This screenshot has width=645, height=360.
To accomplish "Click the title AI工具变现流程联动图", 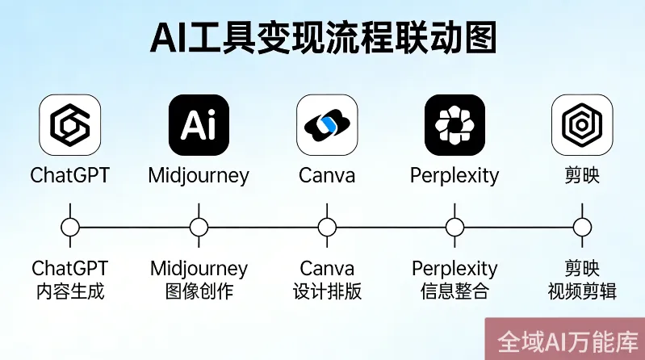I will [x=323, y=38].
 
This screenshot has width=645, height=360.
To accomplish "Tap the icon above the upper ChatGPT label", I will [x=70, y=125].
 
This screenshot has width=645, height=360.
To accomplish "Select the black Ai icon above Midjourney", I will [x=199, y=125].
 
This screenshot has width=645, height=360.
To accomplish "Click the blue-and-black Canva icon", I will [x=327, y=125].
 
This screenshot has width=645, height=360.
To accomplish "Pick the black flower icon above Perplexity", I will [x=454, y=125].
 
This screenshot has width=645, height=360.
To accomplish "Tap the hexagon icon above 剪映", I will [x=581, y=125].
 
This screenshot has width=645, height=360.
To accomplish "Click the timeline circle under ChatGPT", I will [x=70, y=228].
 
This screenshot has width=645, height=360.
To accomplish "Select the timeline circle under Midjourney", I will [x=199, y=228].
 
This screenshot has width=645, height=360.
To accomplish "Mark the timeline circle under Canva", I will [x=327, y=228].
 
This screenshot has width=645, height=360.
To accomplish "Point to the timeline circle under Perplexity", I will [x=454, y=228].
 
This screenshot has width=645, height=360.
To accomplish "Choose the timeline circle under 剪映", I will [x=581, y=228].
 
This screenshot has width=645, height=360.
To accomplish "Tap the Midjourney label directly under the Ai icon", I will [x=199, y=175].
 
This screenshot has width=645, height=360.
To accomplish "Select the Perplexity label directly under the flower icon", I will [x=454, y=175].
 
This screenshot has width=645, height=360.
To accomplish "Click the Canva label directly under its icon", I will [x=327, y=175].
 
